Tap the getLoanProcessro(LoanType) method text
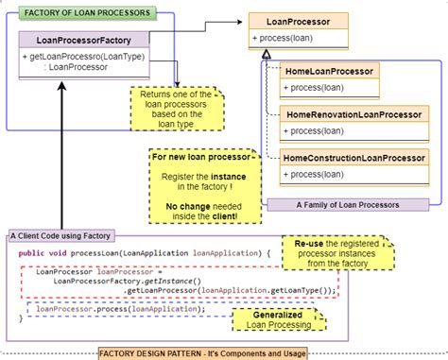(x=84, y=58)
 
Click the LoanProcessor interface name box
(x=297, y=19)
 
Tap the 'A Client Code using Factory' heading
(x=62, y=234)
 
